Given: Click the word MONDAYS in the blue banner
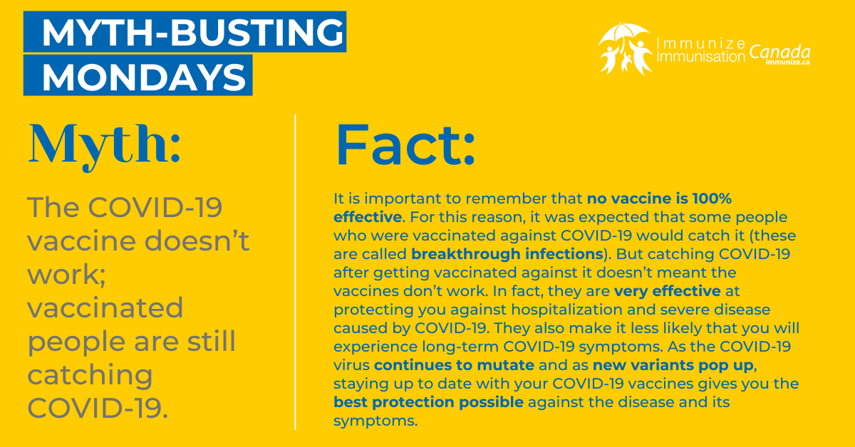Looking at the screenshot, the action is point(144,77).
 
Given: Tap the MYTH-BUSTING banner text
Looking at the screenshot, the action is point(193,32).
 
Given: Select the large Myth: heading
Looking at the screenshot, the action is point(104,147).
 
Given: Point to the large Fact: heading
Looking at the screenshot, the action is point(405,145).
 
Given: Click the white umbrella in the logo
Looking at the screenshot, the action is point(624,33).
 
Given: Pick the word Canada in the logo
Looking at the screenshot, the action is point(779,52).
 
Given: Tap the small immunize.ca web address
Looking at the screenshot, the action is point(788,62).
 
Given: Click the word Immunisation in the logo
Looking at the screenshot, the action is point(701,57).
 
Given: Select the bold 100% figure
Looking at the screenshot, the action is point(712,199).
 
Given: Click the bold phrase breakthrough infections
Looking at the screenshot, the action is point(507,254).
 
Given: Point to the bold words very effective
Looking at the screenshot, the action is point(667,291).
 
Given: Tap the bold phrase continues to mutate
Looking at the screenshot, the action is point(454,365).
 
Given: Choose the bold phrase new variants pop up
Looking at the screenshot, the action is point(673,365).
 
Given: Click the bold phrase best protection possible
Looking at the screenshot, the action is point(428,402).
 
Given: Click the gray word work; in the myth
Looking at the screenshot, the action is point(66,274).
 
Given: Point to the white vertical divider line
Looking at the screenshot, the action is point(296,272).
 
